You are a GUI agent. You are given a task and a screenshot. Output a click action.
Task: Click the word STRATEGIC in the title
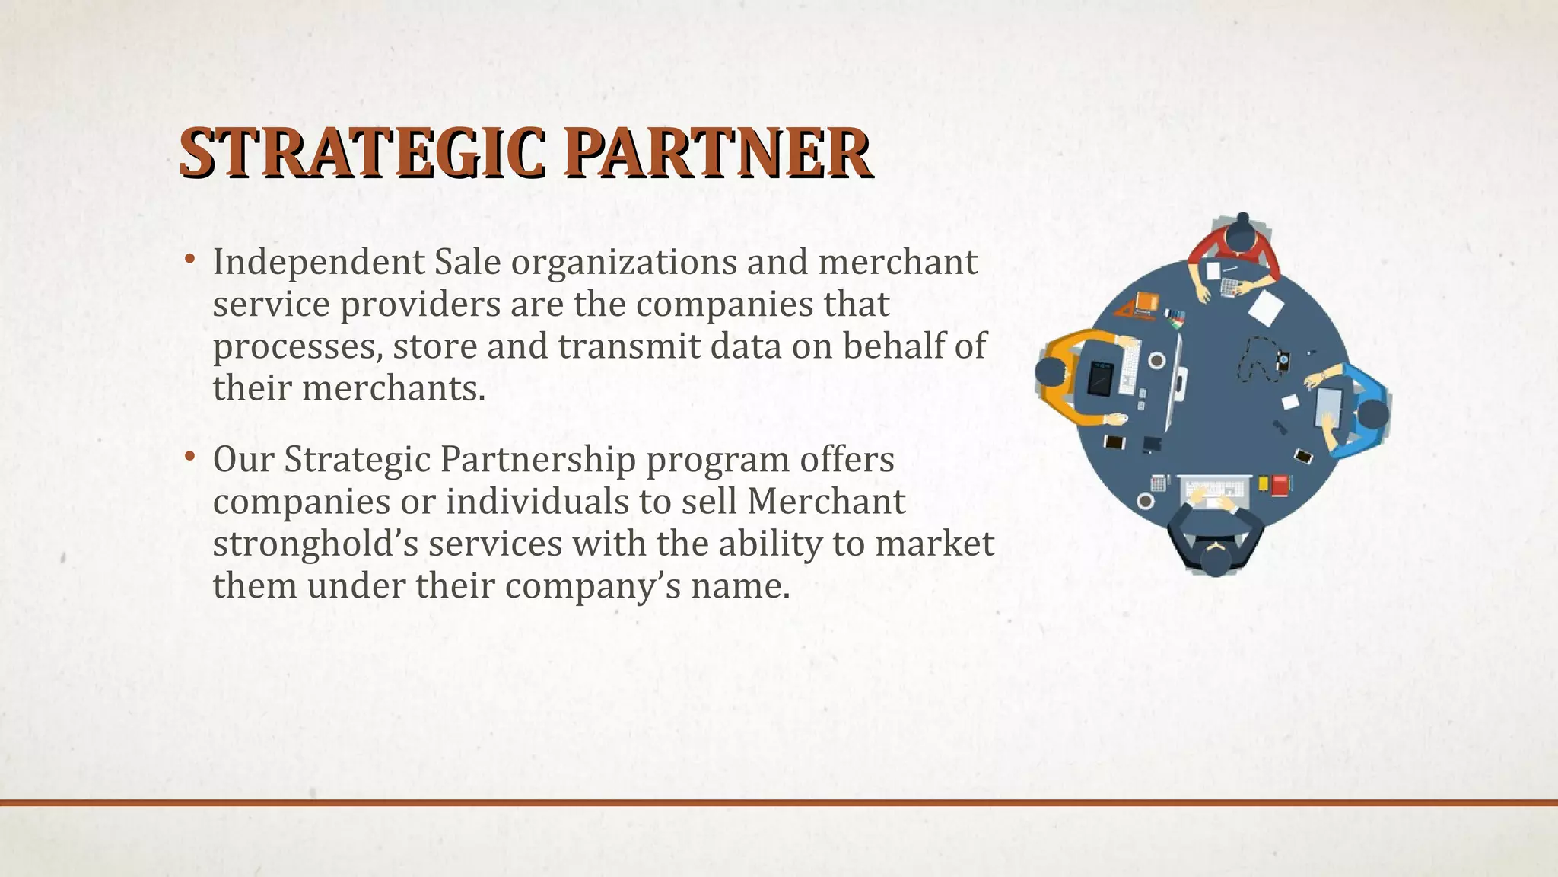362,155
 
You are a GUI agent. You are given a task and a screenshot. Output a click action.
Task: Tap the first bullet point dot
189,260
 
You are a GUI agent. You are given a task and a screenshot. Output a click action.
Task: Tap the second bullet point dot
189,458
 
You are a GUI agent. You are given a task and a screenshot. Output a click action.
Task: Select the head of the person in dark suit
1215,562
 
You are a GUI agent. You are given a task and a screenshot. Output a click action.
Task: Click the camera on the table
1283,360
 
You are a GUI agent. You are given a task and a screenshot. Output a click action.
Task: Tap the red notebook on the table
1280,485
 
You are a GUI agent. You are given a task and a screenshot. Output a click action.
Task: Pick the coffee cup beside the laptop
1156,360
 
